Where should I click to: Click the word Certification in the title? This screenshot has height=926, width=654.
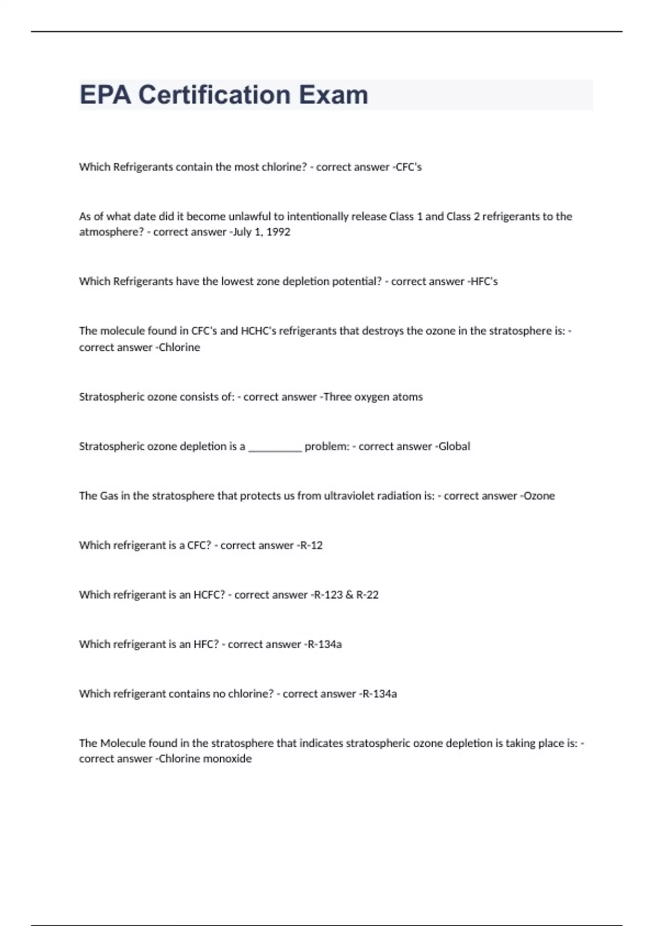click(214, 95)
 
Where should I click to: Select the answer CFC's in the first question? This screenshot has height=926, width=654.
click(409, 167)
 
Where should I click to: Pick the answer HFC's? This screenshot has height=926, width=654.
click(484, 282)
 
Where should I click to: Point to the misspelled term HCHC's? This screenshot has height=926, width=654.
click(258, 331)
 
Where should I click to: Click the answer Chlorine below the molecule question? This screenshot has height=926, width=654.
click(179, 348)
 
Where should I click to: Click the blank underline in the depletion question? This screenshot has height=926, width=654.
click(275, 448)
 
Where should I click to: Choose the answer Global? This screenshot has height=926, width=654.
click(454, 447)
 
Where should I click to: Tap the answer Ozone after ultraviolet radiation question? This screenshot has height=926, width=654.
click(539, 496)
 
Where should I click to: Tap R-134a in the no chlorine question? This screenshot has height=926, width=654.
click(380, 694)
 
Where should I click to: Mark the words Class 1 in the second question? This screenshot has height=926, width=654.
click(405, 217)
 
